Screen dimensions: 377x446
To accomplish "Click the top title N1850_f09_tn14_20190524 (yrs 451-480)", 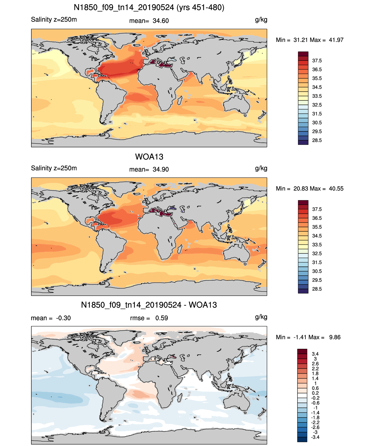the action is [149, 8].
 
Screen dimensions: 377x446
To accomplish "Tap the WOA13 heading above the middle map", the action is [149, 157].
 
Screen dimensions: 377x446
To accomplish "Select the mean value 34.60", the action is [160, 21].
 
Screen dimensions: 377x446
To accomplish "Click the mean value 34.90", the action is [160, 169].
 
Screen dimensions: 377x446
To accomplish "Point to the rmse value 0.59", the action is [161, 318].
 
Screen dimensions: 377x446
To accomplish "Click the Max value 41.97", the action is [336, 40].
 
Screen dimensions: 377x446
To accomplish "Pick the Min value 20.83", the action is [300, 189].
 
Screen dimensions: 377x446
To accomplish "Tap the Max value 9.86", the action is [335, 337].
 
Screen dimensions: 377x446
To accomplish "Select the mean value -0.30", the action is [63, 318].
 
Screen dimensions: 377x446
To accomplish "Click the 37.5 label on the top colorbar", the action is [317, 61].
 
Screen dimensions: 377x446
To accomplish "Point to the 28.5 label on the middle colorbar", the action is [317, 289].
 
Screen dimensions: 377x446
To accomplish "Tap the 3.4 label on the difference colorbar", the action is [315, 354].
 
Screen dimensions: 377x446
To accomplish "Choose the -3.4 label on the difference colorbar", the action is [315, 437].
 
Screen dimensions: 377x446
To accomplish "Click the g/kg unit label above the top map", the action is [261, 20].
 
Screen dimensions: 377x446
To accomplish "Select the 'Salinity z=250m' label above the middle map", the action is [54, 168].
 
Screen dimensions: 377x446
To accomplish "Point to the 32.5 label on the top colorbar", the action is [317, 105].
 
